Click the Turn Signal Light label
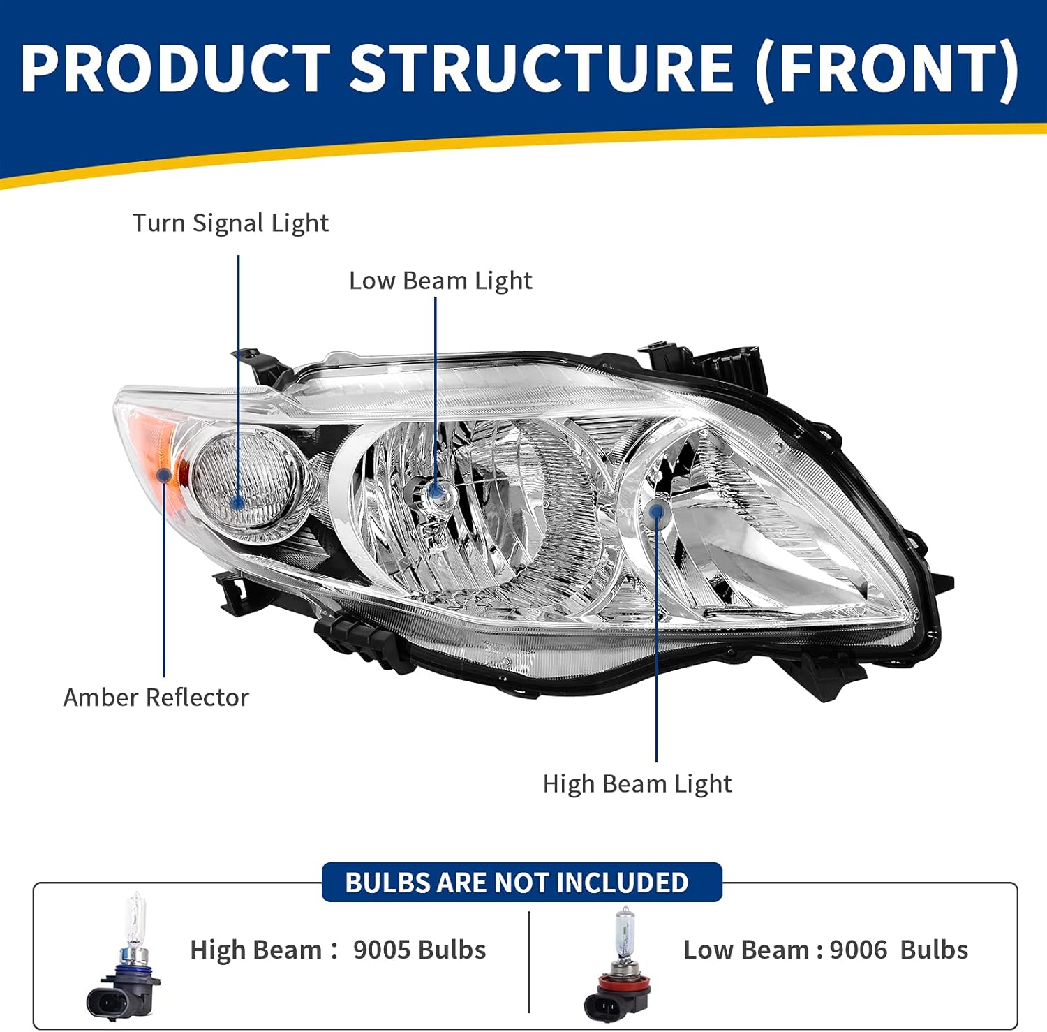[x=230, y=223]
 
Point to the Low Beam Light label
[x=440, y=281]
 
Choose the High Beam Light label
[x=637, y=784]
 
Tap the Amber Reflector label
[x=156, y=698]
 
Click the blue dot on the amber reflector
[x=164, y=476]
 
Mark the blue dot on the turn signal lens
[x=237, y=502]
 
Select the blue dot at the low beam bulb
[x=436, y=492]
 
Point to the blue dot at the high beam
[x=656, y=512]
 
